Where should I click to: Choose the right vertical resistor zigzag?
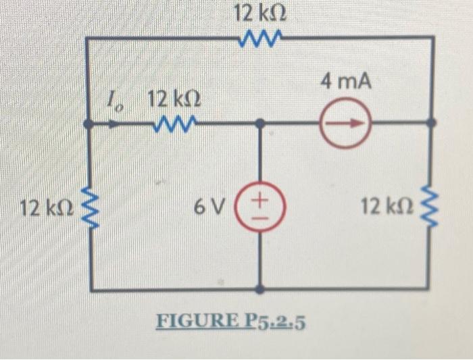pyautogui.click(x=433, y=207)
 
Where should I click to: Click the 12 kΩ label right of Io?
pyautogui.click(x=173, y=101)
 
